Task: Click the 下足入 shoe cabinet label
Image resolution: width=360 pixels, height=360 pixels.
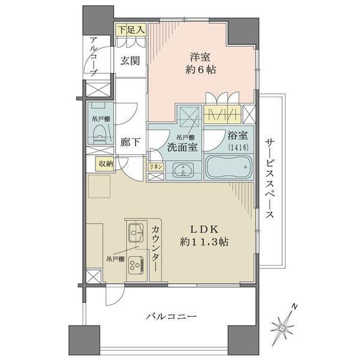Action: point(130,28)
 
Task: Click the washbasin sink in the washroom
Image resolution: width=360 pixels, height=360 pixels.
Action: point(184,170)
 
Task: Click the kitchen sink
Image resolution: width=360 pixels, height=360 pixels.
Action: point(136,231)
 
